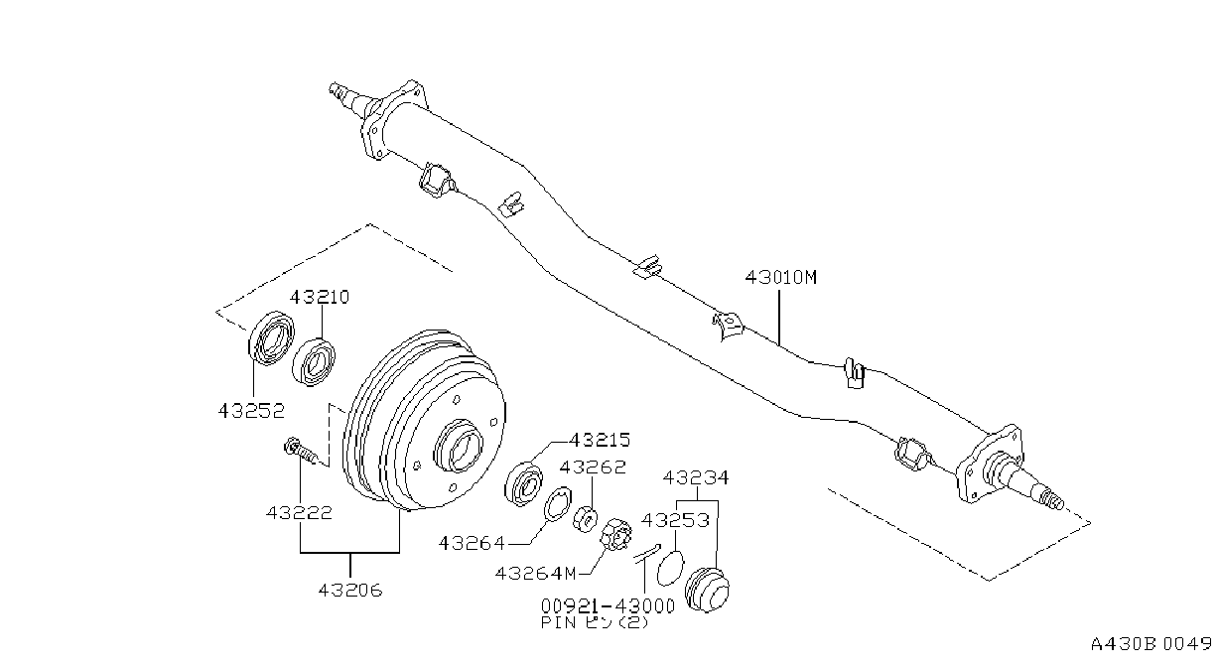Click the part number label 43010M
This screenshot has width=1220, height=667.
781,278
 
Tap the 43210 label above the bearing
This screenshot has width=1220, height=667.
320,297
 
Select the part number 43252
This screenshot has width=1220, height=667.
251,411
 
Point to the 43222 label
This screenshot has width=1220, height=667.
299,513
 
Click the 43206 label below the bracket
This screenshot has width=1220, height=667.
350,590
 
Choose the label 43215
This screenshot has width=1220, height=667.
600,440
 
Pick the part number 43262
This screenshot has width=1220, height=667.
593,467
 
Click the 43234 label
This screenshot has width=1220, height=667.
696,478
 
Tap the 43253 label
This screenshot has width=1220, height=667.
675,520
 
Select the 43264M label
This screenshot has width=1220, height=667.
535,574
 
